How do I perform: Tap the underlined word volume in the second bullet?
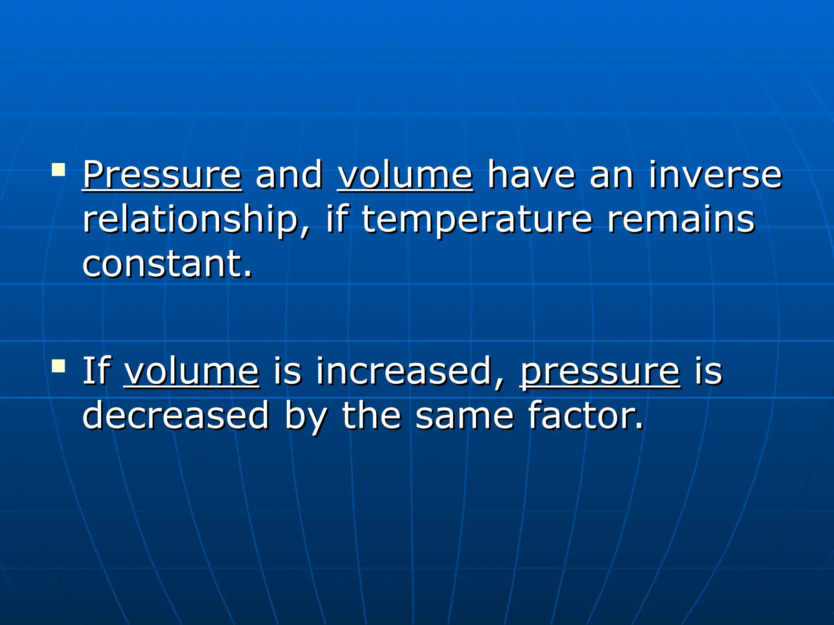pyautogui.click(x=191, y=371)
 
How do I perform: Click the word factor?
pyautogui.click(x=586, y=415)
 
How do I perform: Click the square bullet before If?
pyautogui.click(x=59, y=365)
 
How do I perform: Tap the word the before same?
pyautogui.click(x=371, y=415)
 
